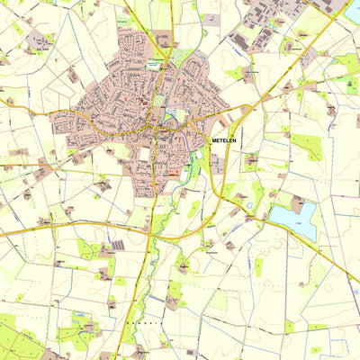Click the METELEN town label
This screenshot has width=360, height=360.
pos(226,141)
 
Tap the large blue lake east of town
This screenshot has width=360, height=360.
pos(297,219)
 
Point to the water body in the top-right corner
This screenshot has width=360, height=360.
pos(352,11)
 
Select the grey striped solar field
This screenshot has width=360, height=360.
pos(117,245)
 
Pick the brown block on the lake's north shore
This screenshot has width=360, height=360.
pos(297,203)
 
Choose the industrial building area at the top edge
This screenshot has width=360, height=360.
pos(270,22)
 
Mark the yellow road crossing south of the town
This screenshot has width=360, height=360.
pos(148,229)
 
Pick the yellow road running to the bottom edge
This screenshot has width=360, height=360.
pos(126,324)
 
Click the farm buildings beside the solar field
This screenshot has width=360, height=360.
pos(103,252)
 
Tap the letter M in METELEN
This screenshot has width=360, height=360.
pos(214,141)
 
